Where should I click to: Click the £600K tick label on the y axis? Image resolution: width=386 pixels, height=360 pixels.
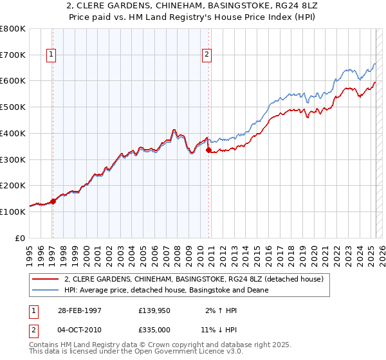(13, 81)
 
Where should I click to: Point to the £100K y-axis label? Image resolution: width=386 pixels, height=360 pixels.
(13, 212)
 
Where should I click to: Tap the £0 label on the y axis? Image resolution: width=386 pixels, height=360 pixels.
(21, 238)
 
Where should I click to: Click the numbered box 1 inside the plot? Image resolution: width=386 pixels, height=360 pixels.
(51, 55)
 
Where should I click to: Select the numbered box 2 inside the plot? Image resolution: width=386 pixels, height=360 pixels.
(207, 55)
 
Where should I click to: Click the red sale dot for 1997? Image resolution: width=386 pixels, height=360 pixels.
(53, 201)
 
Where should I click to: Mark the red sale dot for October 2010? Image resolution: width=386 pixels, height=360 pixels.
(208, 150)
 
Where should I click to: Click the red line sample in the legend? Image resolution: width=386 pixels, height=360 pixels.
(45, 279)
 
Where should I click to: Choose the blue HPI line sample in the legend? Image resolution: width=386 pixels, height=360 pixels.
(45, 290)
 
